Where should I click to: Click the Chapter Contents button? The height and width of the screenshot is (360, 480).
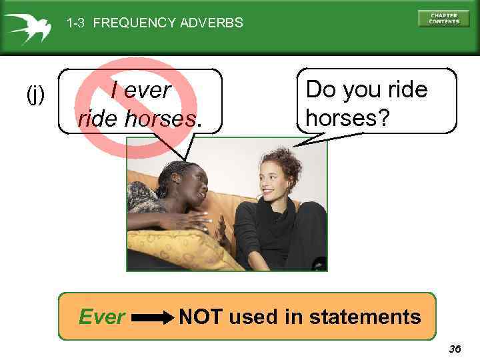(x=444, y=18)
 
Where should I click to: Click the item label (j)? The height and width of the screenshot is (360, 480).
(x=35, y=95)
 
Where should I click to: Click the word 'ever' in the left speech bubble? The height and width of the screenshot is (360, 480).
(x=149, y=89)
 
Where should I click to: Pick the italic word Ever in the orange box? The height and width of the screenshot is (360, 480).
(x=101, y=317)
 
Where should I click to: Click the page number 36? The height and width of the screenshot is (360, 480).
(x=455, y=349)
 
